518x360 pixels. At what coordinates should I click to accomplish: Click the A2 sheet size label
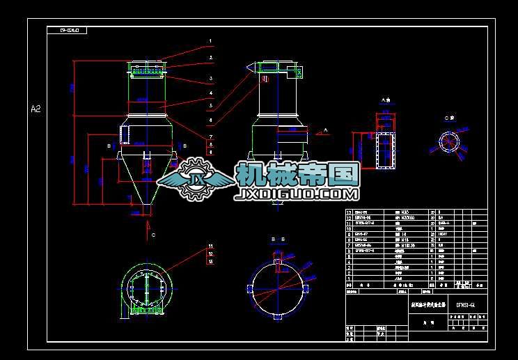36,109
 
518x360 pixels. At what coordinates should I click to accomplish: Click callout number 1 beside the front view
210,42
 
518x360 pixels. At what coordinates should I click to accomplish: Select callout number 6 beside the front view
210,120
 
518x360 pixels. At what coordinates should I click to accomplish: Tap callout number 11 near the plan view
210,246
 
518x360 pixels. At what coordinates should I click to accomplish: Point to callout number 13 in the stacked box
210,262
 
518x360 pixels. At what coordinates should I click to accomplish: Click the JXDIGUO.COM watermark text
297,194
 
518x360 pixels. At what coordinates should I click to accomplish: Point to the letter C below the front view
153,236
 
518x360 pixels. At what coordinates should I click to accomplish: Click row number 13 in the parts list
350,211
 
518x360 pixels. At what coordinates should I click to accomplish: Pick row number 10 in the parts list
350,228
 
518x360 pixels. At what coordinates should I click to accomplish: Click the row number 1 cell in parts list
350,279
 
